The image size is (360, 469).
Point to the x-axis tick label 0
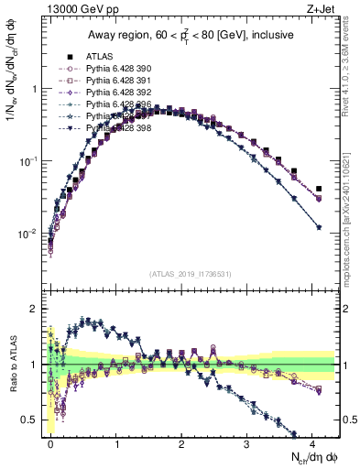(51, 442)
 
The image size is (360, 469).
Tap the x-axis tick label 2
(182, 442)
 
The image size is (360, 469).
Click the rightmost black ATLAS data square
(318, 190)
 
